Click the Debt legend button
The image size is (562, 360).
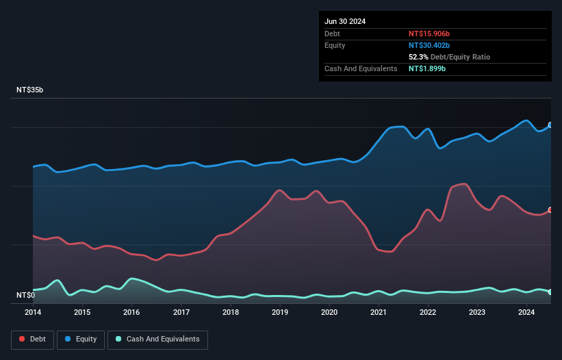click(x=32, y=339)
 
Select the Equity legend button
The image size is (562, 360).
click(x=80, y=339)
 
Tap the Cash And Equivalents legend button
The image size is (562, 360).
click(x=157, y=339)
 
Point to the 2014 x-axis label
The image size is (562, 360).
click(x=33, y=313)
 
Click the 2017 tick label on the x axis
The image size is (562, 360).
click(x=181, y=313)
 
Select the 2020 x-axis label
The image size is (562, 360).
click(x=329, y=313)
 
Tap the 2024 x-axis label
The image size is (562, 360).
click(x=526, y=313)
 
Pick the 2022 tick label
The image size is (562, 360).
click(x=428, y=313)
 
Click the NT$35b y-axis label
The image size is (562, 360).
click(x=30, y=90)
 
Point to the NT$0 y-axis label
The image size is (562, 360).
click(x=25, y=295)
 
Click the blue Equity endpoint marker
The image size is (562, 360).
click(x=550, y=125)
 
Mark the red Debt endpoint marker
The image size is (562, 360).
click(x=550, y=210)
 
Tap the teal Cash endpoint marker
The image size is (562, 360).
click(x=550, y=292)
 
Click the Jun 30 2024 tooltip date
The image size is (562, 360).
click(x=345, y=21)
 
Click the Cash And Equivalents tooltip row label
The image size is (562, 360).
click(x=361, y=69)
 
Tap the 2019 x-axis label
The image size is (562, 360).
click(x=280, y=313)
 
